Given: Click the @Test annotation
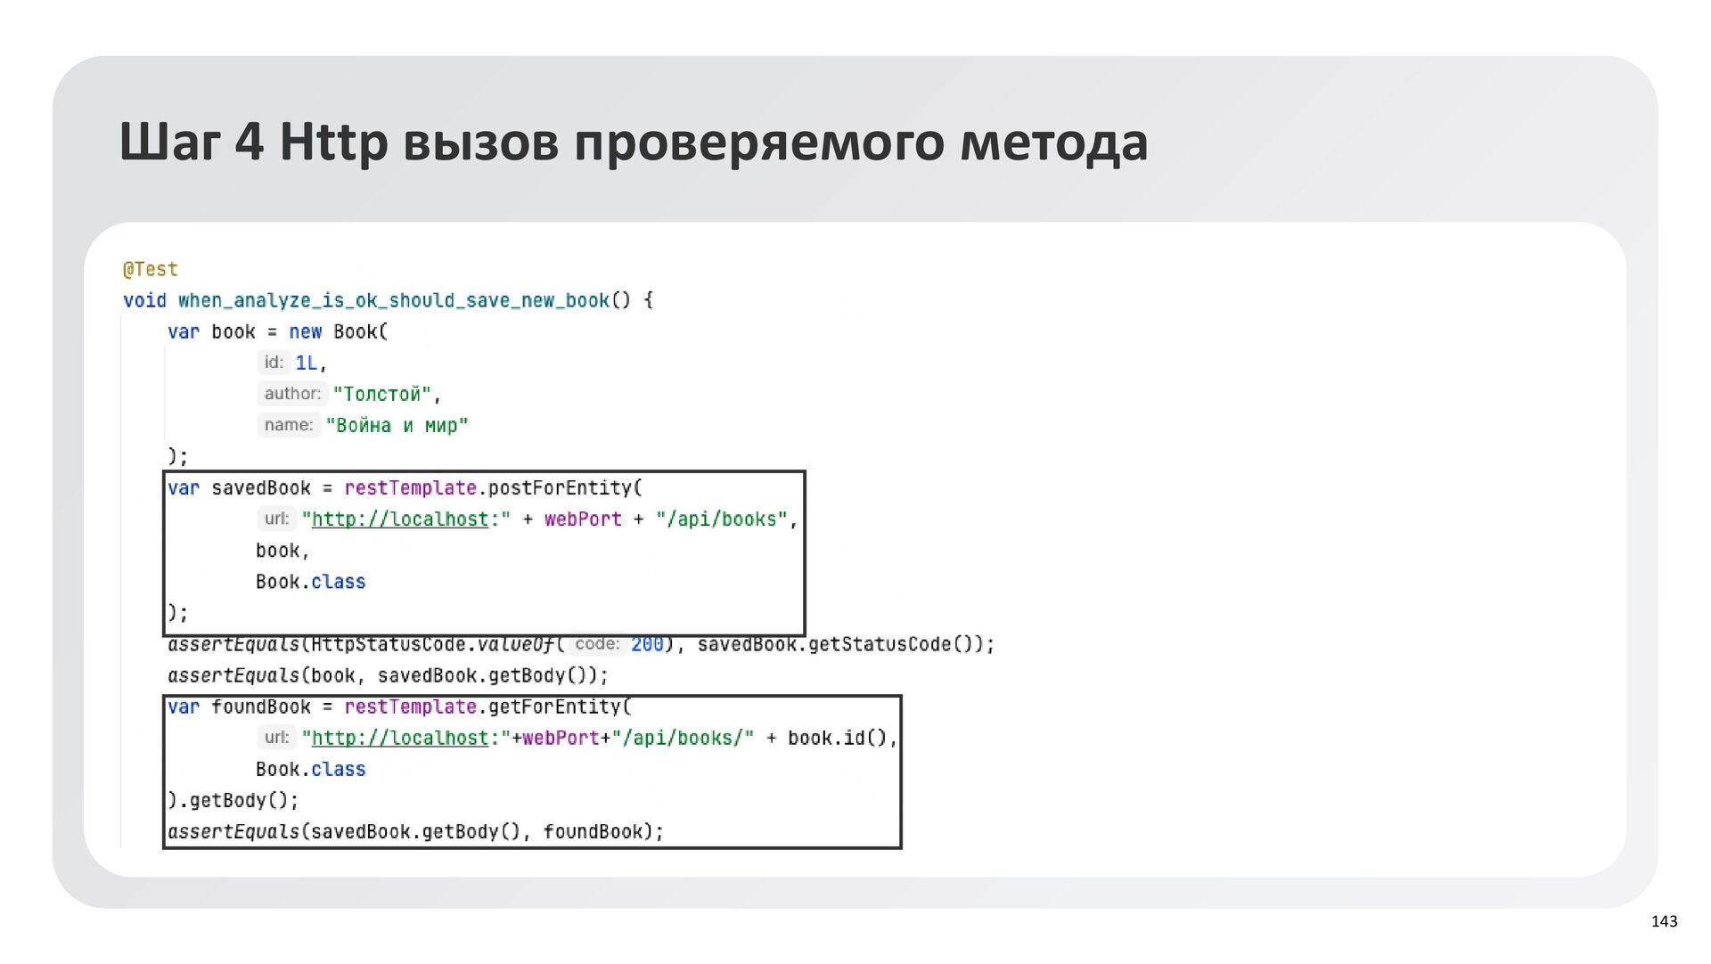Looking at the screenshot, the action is point(151,269).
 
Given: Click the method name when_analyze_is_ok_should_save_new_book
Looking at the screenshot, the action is point(393,300).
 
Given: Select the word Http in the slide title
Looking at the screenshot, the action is point(333,143).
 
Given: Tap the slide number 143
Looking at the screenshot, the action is point(1664,921).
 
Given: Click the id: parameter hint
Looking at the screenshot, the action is point(273,363).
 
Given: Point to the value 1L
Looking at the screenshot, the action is point(307,363).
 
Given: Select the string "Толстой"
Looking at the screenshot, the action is point(381,394).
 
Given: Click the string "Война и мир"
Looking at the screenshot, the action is point(397,425).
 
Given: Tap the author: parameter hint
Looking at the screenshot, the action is point(291,394).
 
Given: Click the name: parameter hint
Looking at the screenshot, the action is point(288,425).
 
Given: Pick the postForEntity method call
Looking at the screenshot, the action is point(560,488).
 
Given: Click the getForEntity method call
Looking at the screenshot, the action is point(554,707).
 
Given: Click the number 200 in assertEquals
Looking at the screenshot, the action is point(647,644).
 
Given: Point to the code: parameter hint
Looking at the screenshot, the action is point(596,644).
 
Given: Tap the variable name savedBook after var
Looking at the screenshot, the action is point(261,488).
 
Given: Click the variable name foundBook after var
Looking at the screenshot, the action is point(261,707).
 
